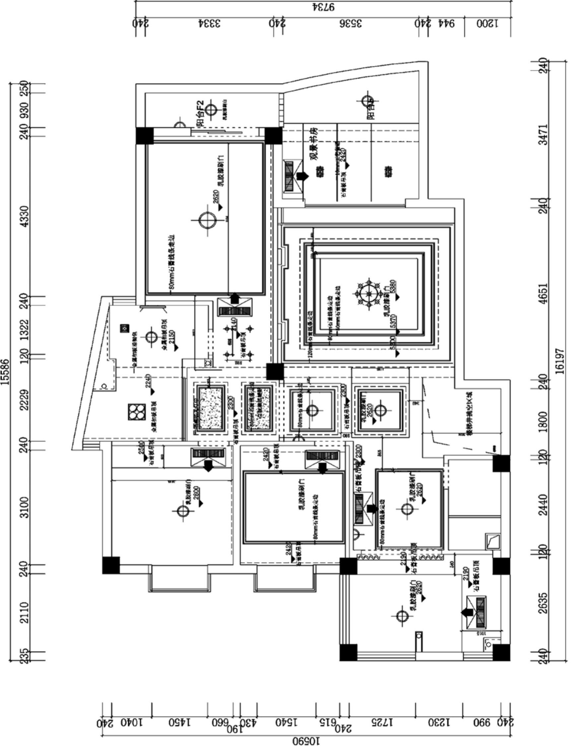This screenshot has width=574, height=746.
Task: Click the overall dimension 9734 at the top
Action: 323,7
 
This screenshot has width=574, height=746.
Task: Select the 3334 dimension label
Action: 209,23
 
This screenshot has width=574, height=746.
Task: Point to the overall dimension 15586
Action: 5,372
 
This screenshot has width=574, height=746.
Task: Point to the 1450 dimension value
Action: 180,723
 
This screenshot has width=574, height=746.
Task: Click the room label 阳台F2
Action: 200,113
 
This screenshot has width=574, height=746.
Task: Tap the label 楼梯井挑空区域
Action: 470,413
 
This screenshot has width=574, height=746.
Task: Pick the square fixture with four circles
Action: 137,412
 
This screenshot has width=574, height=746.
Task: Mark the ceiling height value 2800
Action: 196,495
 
